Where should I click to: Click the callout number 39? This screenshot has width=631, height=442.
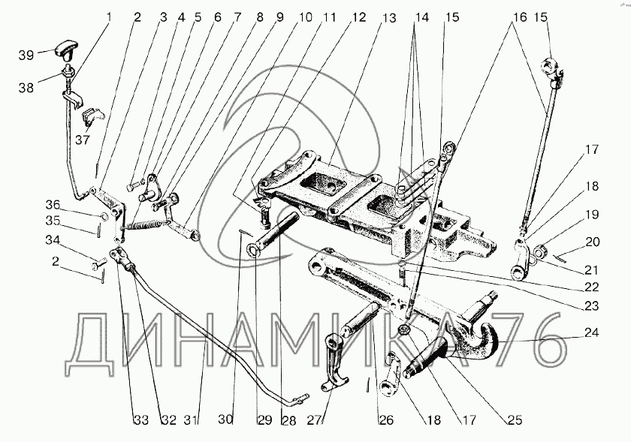tap(26, 55)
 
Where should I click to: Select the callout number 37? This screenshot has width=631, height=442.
tap(83, 140)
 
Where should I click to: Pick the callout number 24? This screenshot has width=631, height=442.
tap(592, 332)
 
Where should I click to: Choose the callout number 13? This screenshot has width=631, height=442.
tap(389, 18)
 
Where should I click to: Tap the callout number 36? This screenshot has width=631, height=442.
tap(53, 205)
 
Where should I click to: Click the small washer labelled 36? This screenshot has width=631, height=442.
tap(104, 218)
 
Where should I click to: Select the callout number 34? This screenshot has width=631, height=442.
tap(53, 240)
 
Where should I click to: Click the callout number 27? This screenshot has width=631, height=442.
tap(315, 420)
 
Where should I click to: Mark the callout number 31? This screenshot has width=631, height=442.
tap(191, 420)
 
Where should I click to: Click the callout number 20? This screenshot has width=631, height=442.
tap(593, 242)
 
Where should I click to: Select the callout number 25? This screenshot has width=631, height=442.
tap(515, 420)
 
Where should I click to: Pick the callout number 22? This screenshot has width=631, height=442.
tap(592, 287)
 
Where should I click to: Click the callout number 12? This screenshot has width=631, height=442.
tap(358, 17)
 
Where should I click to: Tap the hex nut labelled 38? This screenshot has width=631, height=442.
tap(67, 74)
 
